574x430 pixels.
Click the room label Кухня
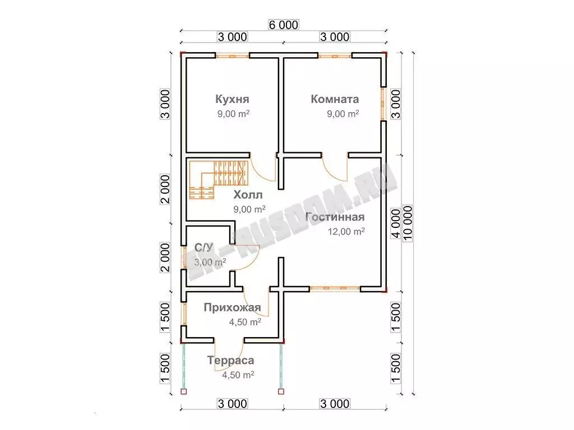(x=232, y=99)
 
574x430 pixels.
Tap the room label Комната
(x=335, y=99)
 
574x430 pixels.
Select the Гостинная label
(x=335, y=217)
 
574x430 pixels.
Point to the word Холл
(x=248, y=195)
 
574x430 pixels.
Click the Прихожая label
(x=232, y=307)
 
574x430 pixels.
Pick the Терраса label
(x=230, y=360)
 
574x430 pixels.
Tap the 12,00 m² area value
(x=346, y=231)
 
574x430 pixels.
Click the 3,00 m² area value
(x=210, y=262)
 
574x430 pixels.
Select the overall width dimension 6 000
(x=283, y=25)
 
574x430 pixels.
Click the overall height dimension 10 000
(x=408, y=223)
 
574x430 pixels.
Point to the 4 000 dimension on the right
(x=396, y=223)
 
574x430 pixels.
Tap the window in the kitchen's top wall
(x=232, y=56)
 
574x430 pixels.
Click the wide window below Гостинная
(x=335, y=288)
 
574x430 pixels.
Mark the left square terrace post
(x=184, y=391)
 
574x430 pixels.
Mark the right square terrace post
(x=281, y=391)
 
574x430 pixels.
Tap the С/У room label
(x=203, y=248)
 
